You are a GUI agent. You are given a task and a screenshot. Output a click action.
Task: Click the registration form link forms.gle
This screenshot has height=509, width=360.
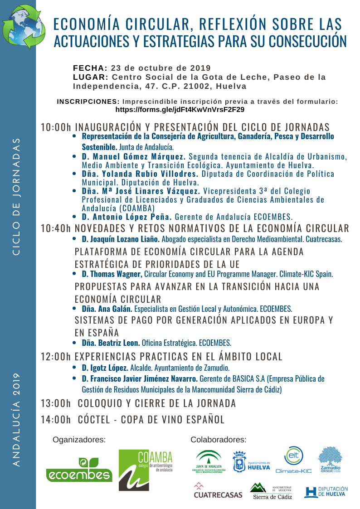180,110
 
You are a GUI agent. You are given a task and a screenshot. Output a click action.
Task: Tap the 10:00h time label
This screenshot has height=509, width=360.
56,127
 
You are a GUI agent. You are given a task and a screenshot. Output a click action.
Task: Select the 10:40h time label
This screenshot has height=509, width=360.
56,228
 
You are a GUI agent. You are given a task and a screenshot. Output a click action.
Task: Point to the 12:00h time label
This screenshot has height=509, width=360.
56,357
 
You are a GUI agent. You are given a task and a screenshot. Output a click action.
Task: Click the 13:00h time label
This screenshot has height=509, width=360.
56,403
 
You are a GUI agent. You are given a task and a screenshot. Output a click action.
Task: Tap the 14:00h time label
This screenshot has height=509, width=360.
56,420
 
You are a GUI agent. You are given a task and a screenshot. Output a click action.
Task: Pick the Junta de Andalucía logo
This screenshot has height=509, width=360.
209,462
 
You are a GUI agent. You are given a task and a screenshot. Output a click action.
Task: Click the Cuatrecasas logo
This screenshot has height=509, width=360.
218,491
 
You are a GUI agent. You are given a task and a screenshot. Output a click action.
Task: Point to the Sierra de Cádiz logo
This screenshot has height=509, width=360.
271,491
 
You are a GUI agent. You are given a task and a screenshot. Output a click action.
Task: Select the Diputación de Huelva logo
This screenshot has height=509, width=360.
326,492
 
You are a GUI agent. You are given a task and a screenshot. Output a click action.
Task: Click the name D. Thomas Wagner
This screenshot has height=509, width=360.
112,274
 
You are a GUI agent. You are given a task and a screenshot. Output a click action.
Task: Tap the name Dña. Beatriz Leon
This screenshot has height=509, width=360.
111,343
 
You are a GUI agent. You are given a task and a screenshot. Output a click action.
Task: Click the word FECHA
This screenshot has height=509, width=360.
90,68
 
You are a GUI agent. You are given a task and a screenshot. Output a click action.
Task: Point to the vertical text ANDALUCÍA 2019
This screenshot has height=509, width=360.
17,420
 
